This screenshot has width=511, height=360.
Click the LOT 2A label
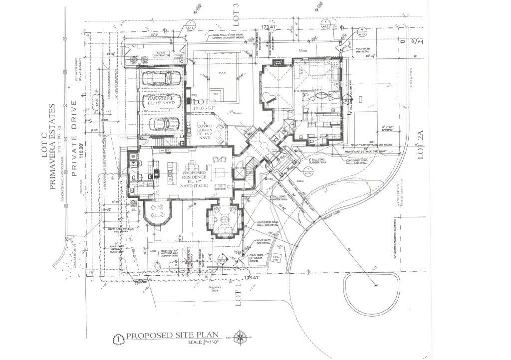pyautogui.click(x=420, y=149)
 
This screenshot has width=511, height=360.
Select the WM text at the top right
pyautogui.click(x=417, y=42)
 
